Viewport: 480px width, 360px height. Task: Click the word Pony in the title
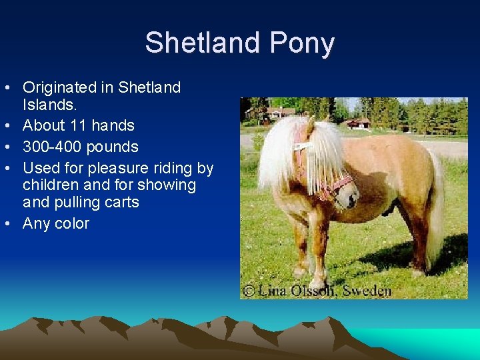tap(302, 43)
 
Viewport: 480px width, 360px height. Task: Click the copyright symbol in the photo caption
tap(248, 290)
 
